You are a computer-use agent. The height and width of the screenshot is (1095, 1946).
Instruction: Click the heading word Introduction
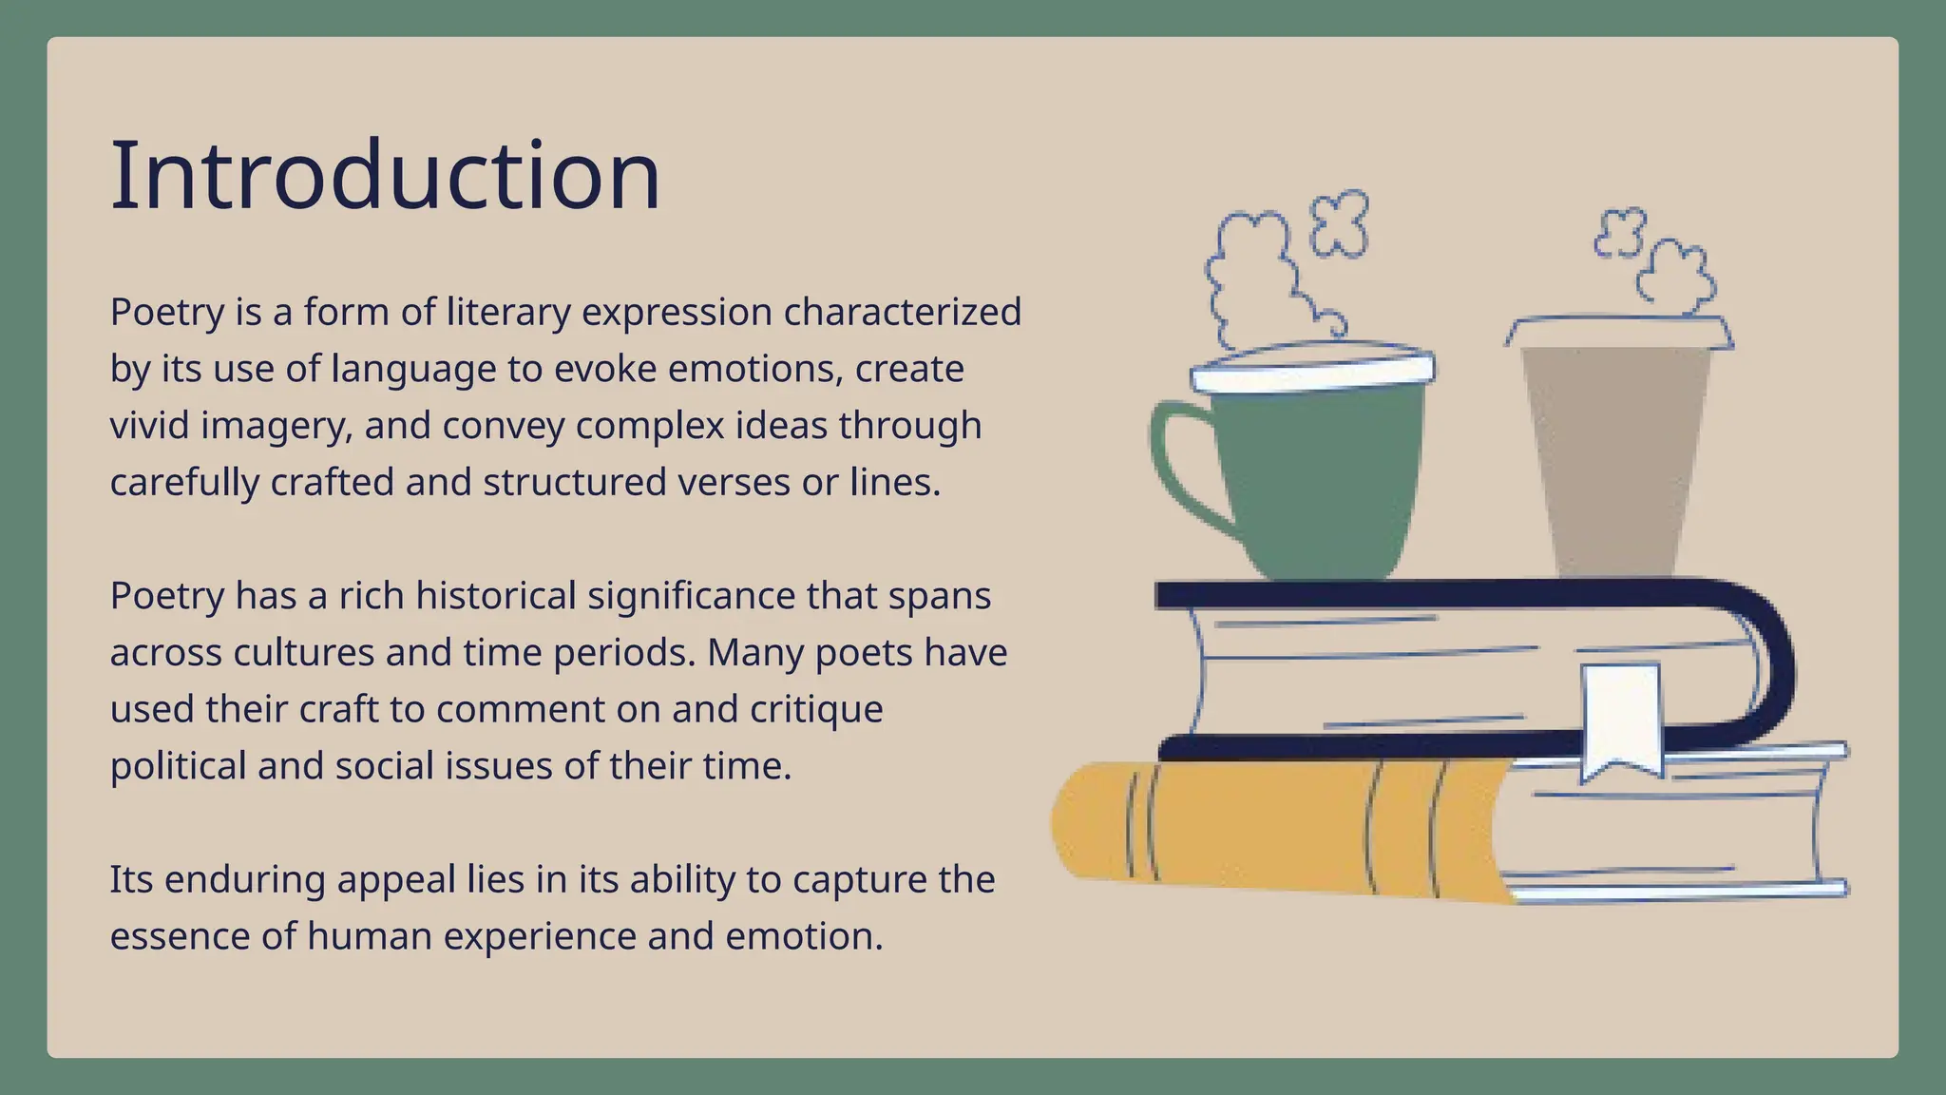[x=385, y=177]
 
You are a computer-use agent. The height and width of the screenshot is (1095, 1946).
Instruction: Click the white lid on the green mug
[x=1312, y=373]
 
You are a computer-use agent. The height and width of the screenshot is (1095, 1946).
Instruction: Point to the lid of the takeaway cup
[x=1619, y=332]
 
